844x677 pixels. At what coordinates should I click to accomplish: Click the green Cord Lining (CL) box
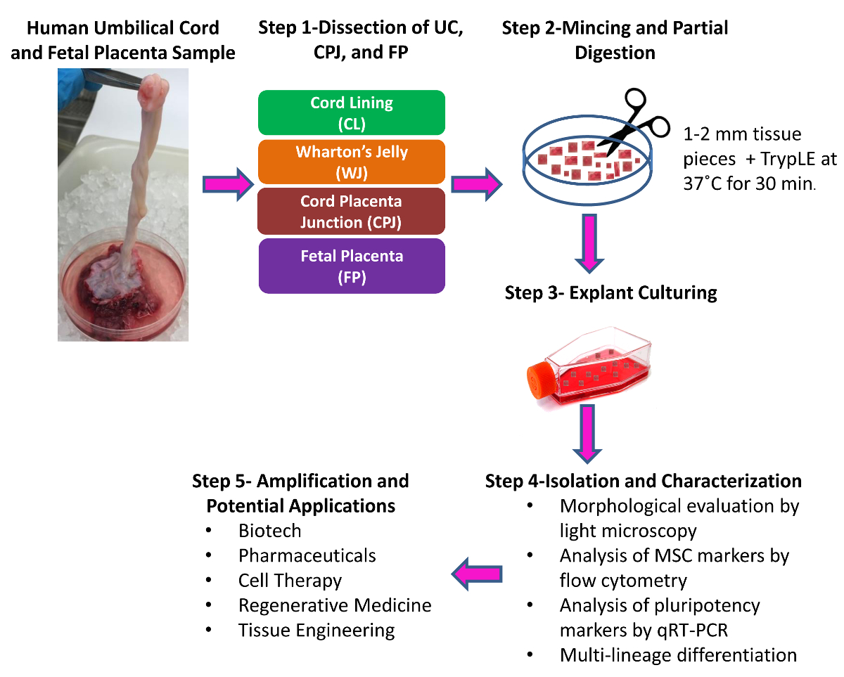[352, 112]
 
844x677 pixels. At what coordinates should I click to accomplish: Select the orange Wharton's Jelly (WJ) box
[352, 162]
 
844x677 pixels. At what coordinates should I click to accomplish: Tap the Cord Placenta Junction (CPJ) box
[351, 212]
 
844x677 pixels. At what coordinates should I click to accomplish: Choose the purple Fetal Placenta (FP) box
[352, 266]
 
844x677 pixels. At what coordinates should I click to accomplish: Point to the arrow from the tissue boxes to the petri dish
[477, 184]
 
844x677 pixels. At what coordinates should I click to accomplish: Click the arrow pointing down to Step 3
[589, 243]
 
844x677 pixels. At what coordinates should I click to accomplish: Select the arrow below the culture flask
[587, 434]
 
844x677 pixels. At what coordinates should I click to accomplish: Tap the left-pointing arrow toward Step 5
[477, 574]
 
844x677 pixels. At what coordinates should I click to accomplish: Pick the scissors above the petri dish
[632, 122]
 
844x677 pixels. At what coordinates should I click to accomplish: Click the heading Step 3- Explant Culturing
[610, 293]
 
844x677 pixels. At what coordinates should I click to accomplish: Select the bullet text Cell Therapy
[290, 580]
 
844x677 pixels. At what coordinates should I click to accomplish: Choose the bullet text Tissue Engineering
[316, 631]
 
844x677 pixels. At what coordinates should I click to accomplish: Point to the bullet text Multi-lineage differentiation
[678, 655]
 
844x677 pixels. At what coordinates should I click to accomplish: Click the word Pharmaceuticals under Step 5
[307, 555]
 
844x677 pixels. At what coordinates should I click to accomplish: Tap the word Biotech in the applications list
[270, 531]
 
